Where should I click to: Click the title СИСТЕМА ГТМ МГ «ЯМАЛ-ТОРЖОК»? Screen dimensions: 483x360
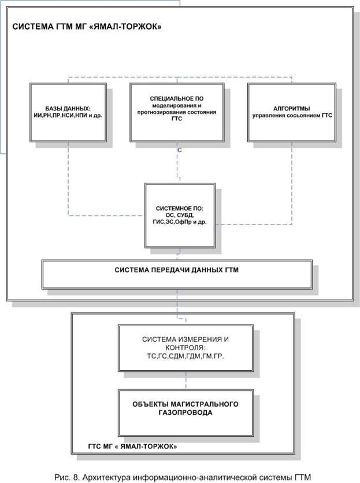pyautogui.click(x=87, y=27)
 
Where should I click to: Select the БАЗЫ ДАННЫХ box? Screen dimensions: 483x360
pyautogui.click(x=68, y=112)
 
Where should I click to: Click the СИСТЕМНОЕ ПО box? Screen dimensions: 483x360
pyautogui.click(x=181, y=215)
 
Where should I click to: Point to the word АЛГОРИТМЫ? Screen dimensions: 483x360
pyautogui.click(x=291, y=108)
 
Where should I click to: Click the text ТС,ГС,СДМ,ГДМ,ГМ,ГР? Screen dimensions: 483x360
pyautogui.click(x=185, y=357)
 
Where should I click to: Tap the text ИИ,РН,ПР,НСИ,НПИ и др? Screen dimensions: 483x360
pyautogui.click(x=68, y=116)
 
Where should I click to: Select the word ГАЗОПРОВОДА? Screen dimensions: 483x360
pyautogui.click(x=185, y=413)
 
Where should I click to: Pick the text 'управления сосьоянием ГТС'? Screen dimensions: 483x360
pyautogui.click(x=291, y=116)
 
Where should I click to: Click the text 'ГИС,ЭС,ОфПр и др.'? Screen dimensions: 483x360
pyautogui.click(x=181, y=222)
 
